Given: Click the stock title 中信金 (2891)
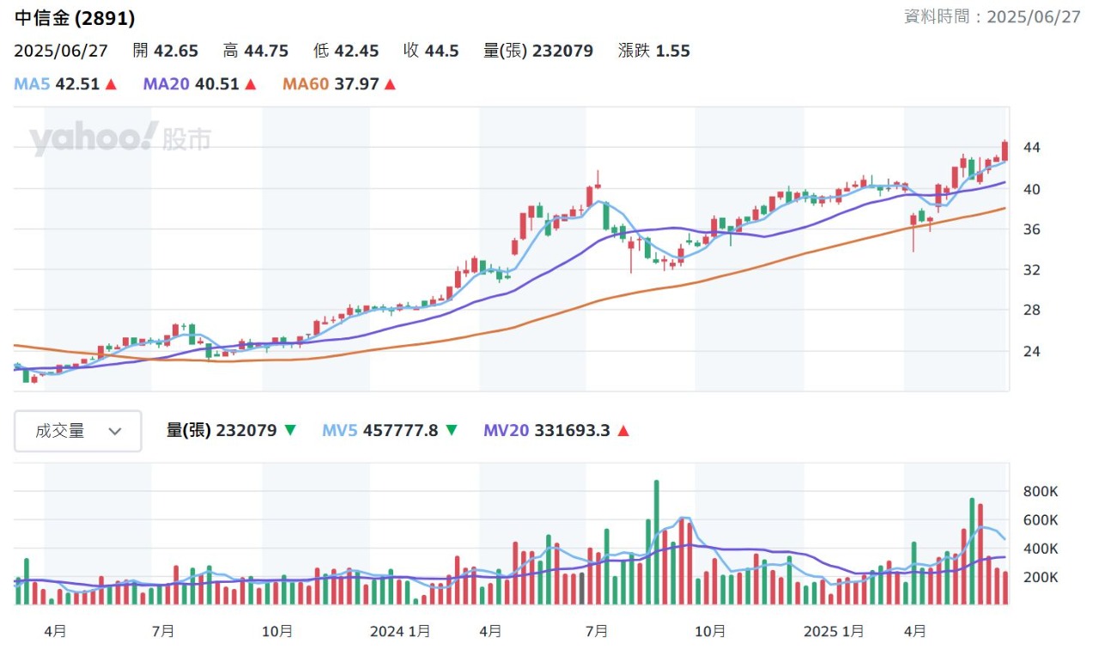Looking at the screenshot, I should (x=75, y=18).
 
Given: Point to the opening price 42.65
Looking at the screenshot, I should (x=176, y=51).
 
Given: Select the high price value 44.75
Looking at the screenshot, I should (x=266, y=51).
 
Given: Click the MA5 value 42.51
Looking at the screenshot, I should (x=77, y=84).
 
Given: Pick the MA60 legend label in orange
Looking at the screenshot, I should (x=305, y=84).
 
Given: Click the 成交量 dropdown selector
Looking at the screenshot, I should (x=78, y=431).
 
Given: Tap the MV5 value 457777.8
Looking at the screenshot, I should (x=401, y=431).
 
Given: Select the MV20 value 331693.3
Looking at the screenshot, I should (x=572, y=431).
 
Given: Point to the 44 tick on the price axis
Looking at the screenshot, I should (x=1031, y=148).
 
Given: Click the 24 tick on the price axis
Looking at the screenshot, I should (x=1031, y=351).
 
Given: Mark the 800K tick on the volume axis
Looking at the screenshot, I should (x=1040, y=492).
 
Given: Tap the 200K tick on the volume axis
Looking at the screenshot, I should (x=1040, y=577).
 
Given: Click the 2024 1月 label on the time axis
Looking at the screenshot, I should (x=399, y=632).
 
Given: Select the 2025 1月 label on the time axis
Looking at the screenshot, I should (x=833, y=632).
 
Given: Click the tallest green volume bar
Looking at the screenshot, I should (x=656, y=543).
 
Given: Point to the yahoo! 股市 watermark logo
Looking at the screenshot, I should (x=120, y=139).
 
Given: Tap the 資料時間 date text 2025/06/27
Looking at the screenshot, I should (x=1034, y=17).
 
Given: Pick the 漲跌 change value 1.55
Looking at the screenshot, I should (x=672, y=51).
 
